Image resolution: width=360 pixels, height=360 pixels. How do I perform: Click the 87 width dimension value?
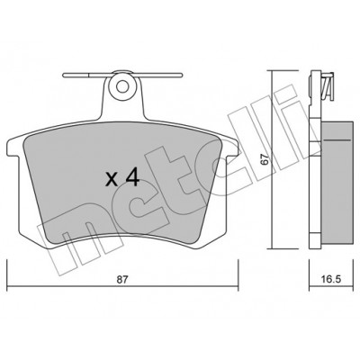click(x=122, y=280)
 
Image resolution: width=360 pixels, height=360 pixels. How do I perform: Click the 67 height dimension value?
click(x=264, y=158)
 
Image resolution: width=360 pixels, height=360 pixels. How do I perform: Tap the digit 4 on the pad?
click(x=132, y=177)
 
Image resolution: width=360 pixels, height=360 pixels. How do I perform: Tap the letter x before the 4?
click(x=112, y=179)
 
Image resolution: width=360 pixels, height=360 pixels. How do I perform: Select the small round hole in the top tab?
click(x=122, y=86)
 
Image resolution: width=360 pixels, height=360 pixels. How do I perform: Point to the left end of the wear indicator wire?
click(x=63, y=76)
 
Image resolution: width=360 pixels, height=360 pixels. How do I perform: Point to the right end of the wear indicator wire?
click(x=181, y=75)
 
